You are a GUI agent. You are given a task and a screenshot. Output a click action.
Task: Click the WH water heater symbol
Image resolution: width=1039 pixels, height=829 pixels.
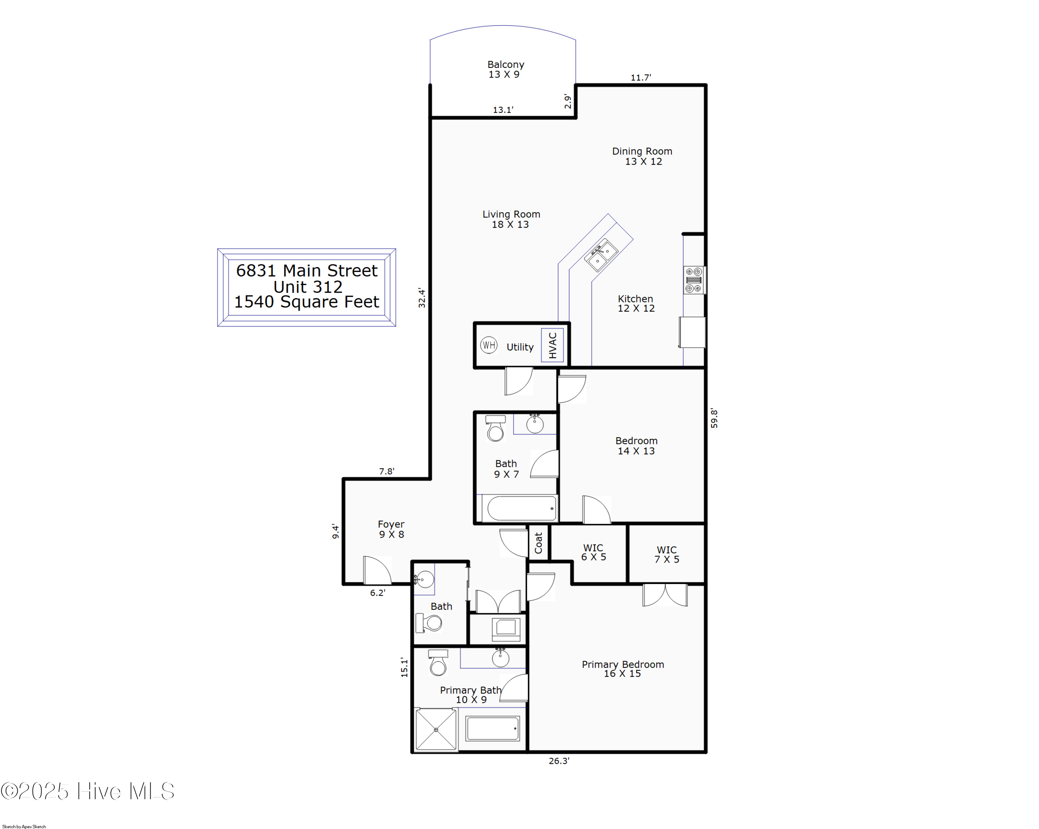tap(489, 345)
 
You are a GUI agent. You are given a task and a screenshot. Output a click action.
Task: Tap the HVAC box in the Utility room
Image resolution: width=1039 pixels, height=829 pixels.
tap(552, 345)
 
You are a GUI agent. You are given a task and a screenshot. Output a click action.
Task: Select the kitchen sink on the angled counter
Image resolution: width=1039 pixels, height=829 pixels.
tap(601, 255)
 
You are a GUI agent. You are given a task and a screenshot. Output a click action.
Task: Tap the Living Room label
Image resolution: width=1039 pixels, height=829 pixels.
tap(511, 219)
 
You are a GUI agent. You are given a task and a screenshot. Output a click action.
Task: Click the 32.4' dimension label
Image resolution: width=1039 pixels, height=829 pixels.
tap(422, 298)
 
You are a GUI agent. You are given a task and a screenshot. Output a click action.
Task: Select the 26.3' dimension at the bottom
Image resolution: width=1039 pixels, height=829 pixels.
tap(559, 760)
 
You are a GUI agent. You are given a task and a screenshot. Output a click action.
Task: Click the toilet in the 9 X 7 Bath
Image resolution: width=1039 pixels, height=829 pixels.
tap(495, 429)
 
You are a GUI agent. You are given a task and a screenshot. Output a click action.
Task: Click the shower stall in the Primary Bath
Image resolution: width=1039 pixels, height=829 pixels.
tap(436, 730)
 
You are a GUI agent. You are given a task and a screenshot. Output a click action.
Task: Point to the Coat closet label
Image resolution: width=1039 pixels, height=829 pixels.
tap(538, 543)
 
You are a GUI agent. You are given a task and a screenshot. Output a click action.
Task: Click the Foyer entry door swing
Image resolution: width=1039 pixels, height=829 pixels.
tap(377, 570)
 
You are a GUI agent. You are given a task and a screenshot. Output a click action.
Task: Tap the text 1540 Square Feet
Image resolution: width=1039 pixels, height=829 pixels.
tap(307, 302)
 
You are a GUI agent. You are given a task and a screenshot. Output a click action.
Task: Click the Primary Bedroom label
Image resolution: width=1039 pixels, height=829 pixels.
tap(623, 669)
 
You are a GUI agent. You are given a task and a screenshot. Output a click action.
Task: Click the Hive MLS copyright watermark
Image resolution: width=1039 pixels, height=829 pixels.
tap(88, 791)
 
